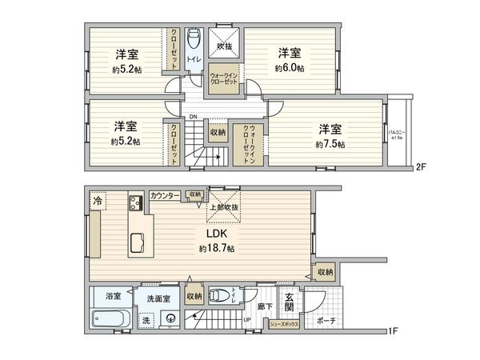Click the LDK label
click(218, 234)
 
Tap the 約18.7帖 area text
click(218, 249)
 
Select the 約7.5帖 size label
click(330, 144)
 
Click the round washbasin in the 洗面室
click(170, 318)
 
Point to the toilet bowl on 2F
click(194, 39)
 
